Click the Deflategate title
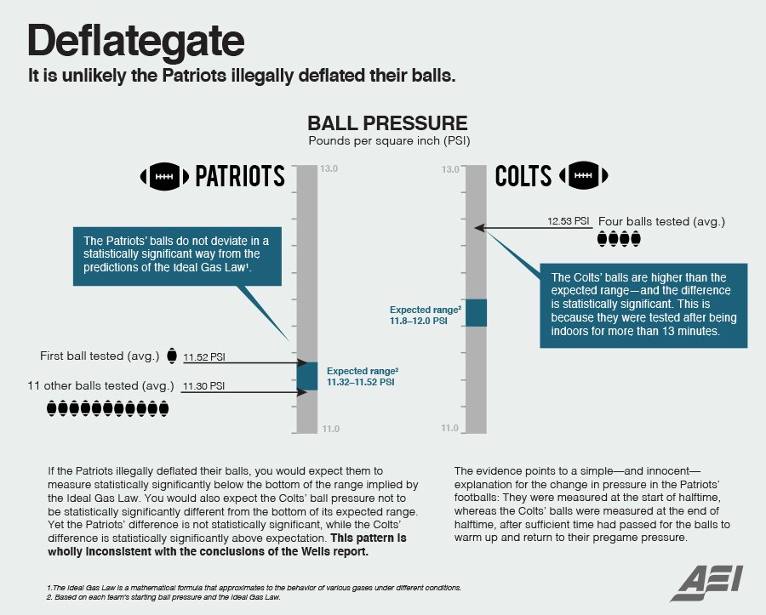click(136, 42)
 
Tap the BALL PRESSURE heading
click(387, 123)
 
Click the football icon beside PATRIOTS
click(164, 176)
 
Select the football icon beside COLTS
click(583, 175)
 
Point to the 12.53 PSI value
click(569, 221)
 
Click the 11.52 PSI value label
click(204, 357)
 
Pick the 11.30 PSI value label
click(203, 386)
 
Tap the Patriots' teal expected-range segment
click(307, 376)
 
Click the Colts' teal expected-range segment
click(476, 312)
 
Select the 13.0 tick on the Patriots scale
click(329, 169)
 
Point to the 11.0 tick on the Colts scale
click(450, 428)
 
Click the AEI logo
click(706, 584)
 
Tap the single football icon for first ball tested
click(171, 356)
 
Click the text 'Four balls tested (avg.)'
click(661, 222)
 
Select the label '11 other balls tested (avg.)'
click(100, 385)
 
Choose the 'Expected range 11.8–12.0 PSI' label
click(425, 316)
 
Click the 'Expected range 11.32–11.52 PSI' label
click(363, 376)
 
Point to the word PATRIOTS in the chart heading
click(240, 176)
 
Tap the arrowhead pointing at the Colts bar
click(480, 227)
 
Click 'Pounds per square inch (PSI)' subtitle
click(389, 141)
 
